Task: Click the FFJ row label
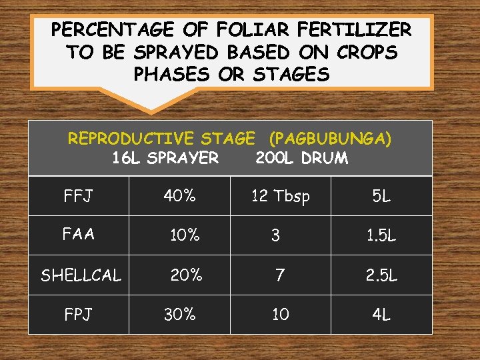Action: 78,197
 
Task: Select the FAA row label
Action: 78,234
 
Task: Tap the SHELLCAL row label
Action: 81,275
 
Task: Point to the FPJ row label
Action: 78,314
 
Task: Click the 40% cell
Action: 180,195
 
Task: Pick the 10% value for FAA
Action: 185,235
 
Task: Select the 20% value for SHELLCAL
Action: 186,275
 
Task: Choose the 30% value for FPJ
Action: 180,314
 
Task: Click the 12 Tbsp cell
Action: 280,197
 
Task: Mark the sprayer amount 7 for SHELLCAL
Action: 280,275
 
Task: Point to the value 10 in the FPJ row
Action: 280,314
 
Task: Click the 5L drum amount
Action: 381,197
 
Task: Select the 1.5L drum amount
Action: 381,235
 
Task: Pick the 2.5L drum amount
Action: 381,275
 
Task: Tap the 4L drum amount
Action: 381,314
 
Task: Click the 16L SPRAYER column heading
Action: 165,158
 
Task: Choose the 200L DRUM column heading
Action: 301,158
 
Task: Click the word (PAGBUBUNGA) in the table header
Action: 330,139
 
